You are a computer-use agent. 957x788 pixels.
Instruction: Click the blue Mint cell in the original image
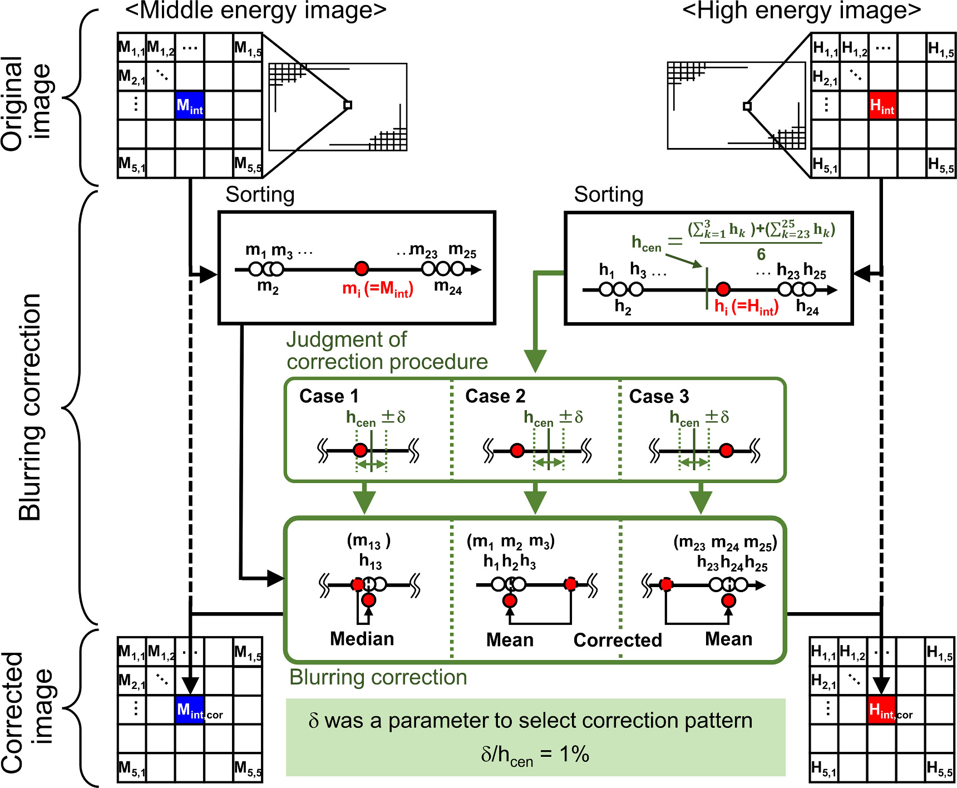click(x=190, y=105)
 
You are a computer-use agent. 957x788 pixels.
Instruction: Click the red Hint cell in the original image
click(x=882, y=105)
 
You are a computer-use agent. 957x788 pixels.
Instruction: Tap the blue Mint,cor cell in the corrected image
click(x=190, y=710)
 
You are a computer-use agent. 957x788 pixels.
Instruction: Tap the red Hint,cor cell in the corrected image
click(x=882, y=710)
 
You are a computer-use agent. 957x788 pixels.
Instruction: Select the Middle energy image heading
click(x=255, y=11)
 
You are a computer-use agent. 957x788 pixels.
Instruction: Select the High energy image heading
click(x=801, y=11)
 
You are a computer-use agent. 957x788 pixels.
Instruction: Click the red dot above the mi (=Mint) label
click(x=362, y=269)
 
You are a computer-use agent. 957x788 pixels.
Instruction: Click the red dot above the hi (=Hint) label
click(x=723, y=289)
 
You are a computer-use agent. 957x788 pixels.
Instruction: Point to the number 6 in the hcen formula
click(x=761, y=255)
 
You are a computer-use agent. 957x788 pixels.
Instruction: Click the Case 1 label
click(x=329, y=396)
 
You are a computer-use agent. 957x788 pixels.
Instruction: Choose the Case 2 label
click(x=495, y=396)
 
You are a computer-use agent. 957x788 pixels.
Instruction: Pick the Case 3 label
click(x=659, y=396)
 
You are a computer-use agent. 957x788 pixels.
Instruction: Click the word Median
click(x=362, y=639)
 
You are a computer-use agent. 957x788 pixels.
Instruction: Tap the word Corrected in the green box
click(x=618, y=640)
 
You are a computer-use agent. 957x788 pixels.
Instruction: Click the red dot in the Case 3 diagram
click(x=726, y=451)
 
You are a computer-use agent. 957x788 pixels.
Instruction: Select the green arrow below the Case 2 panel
click(x=535, y=498)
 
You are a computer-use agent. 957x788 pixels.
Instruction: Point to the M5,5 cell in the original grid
click(x=248, y=164)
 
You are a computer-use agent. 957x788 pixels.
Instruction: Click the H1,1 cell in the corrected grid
click(x=823, y=652)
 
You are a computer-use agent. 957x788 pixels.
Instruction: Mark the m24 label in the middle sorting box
click(x=448, y=287)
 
